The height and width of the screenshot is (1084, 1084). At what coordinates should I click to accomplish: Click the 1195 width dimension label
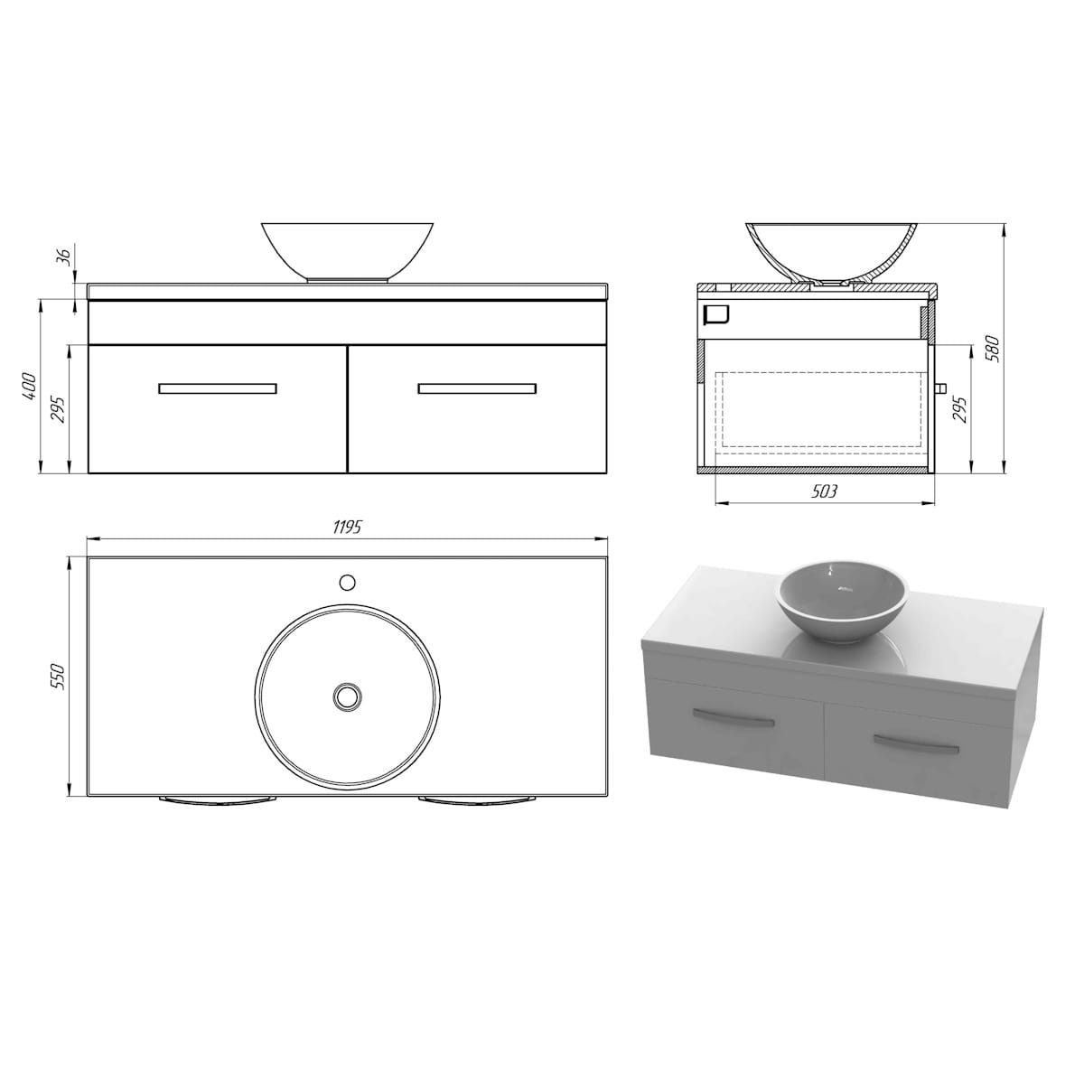coord(347,527)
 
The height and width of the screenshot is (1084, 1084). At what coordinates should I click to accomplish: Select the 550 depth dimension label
coord(60,677)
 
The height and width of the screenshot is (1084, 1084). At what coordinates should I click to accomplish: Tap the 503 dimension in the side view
coord(825,491)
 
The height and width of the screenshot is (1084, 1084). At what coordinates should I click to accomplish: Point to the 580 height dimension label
coord(995,349)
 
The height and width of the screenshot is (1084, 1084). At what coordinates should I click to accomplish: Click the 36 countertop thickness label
coord(65,257)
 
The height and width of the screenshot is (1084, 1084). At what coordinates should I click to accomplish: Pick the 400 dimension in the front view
coord(29,386)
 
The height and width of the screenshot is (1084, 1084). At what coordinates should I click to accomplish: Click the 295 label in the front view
coord(61,409)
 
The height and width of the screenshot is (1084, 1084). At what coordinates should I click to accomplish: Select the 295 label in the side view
coord(961,409)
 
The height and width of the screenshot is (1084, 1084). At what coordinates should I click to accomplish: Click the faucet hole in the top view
coord(348,583)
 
